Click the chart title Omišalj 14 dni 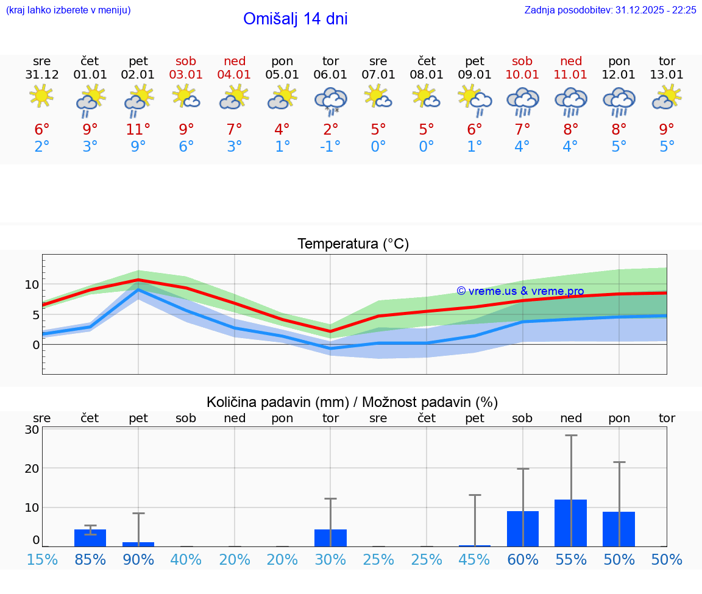pyautogui.click(x=296, y=19)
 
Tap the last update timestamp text pyautogui.click(x=610, y=10)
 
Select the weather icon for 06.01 pyautogui.click(x=330, y=101)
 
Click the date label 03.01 pyautogui.click(x=186, y=75)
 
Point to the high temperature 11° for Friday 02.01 pyautogui.click(x=138, y=130)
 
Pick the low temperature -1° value pyautogui.click(x=330, y=147)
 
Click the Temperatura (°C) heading pyautogui.click(x=353, y=244)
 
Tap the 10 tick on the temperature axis pyautogui.click(x=32, y=285)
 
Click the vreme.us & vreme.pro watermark pyautogui.click(x=520, y=291)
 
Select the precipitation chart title pyautogui.click(x=352, y=402)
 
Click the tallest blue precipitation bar pyautogui.click(x=570, y=523)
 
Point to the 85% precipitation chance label pyautogui.click(x=90, y=560)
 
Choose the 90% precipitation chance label pyautogui.click(x=138, y=560)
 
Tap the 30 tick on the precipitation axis pyautogui.click(x=32, y=430)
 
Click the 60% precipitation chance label pyautogui.click(x=522, y=560)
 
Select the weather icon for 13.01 pyautogui.click(x=667, y=97)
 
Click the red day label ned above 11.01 pyautogui.click(x=570, y=61)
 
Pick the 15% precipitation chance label pyautogui.click(x=42, y=560)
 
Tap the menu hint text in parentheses pyautogui.click(x=68, y=10)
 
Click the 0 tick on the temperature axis pyautogui.click(x=35, y=345)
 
